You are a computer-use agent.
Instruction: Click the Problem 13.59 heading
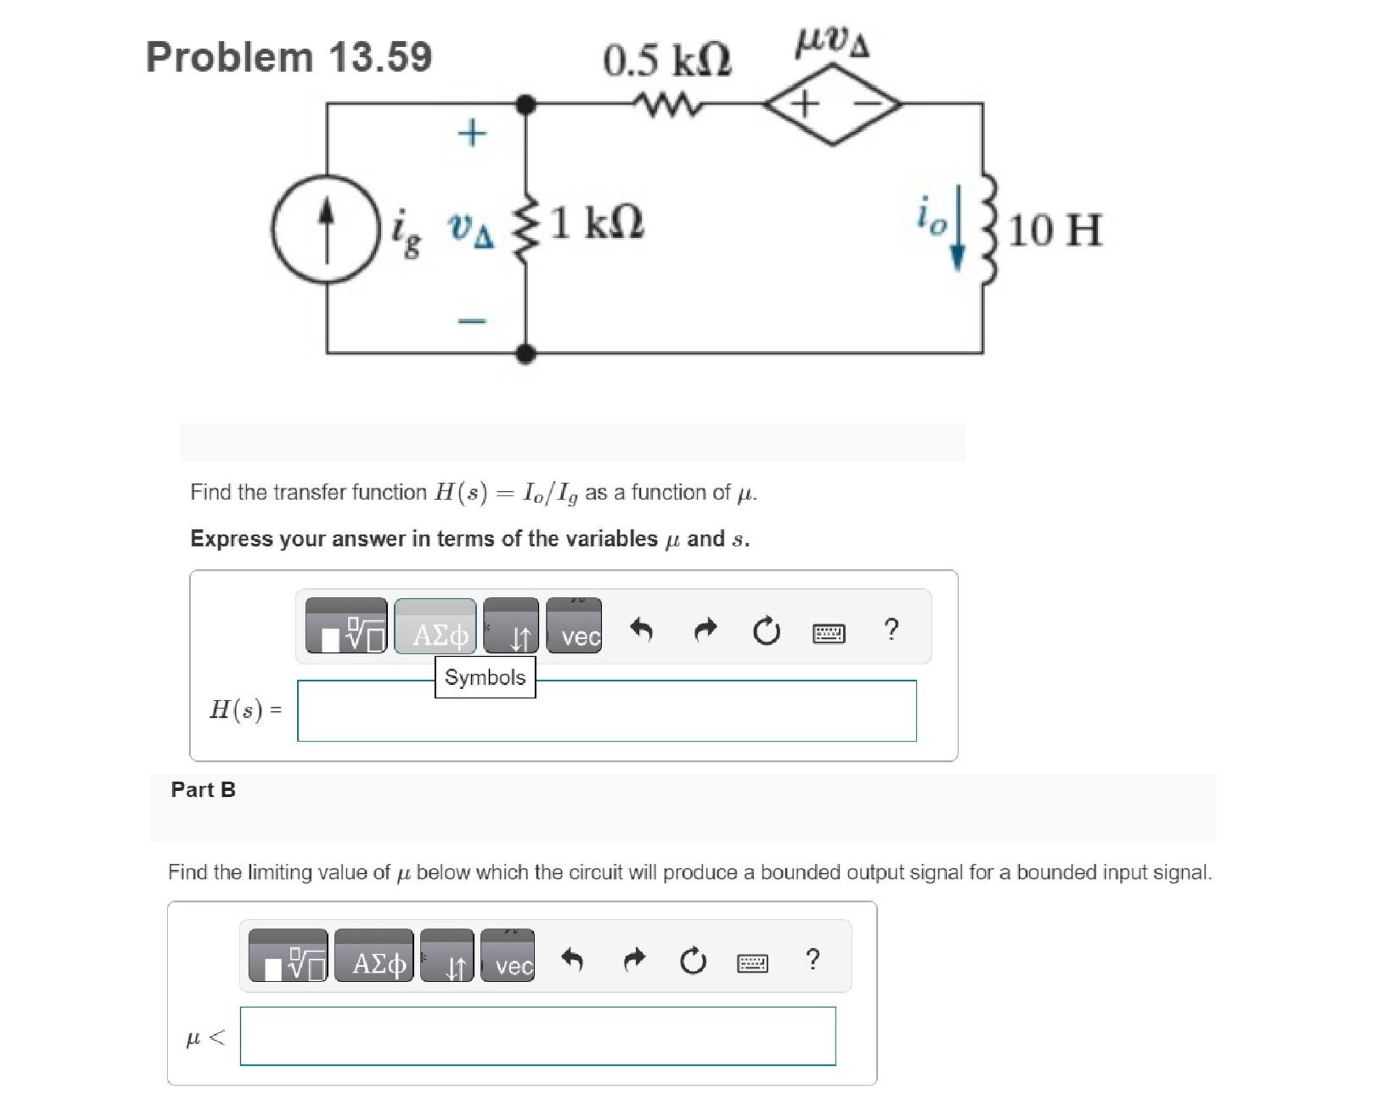(x=289, y=57)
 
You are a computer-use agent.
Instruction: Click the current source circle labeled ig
(x=326, y=229)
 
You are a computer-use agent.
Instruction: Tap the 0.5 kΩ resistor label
(x=666, y=61)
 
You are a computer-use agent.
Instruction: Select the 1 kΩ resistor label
(x=597, y=224)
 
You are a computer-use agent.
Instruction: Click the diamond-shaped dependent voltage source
(x=833, y=104)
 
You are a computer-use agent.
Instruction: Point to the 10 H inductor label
(x=1054, y=230)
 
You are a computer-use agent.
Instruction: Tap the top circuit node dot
(x=526, y=104)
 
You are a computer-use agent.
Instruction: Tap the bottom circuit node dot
(x=526, y=353)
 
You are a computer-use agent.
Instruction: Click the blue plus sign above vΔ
(x=473, y=132)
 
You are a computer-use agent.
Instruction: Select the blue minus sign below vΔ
(x=473, y=320)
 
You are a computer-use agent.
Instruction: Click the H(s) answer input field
(x=606, y=711)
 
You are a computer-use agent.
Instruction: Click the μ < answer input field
(x=538, y=1036)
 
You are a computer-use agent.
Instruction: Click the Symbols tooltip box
(x=485, y=676)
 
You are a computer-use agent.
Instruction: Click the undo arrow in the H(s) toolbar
(x=641, y=629)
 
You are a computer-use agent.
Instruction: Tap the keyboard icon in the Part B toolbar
(x=751, y=963)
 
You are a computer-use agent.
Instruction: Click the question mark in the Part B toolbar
(x=812, y=959)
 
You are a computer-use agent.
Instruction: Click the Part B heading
(x=203, y=789)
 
